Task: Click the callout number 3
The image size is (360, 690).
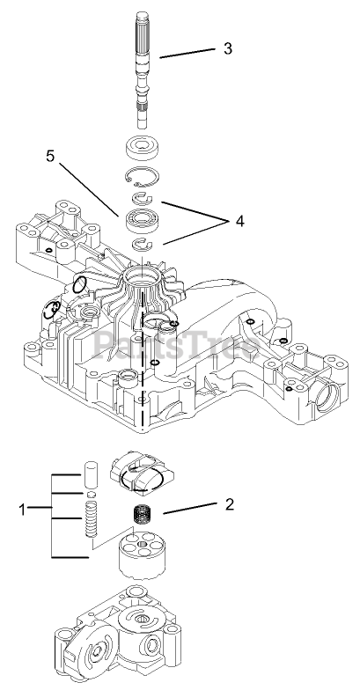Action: [227, 48]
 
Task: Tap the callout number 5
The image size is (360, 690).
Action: [51, 156]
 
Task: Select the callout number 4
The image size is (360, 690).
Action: [239, 222]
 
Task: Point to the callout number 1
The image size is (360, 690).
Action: [23, 510]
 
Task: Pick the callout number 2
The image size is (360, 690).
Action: [229, 504]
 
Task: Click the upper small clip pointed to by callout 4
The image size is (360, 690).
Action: [142, 199]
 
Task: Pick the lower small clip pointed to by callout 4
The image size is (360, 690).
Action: [142, 243]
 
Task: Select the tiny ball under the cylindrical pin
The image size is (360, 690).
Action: [92, 495]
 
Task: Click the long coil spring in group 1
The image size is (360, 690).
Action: [91, 520]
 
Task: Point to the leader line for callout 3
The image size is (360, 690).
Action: [187, 53]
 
